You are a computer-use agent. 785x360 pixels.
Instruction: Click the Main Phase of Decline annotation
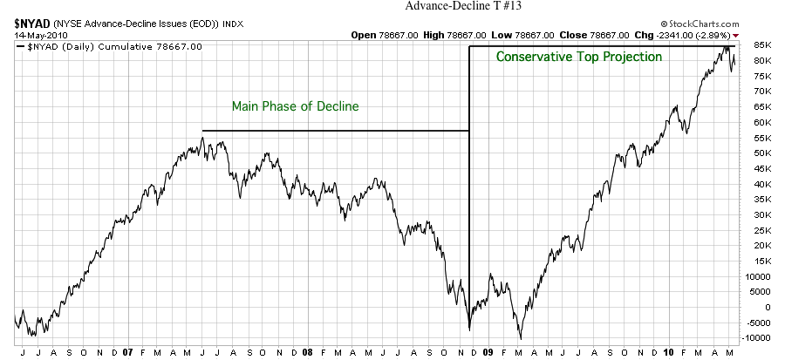(295, 106)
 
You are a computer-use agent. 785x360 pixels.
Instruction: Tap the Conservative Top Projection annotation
(579, 57)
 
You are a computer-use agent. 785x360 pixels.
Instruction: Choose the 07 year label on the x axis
(128, 353)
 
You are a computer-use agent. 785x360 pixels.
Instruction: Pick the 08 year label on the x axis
(307, 353)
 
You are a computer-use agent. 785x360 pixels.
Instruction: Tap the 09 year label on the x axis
(488, 353)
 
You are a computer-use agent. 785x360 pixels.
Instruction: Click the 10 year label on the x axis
(667, 353)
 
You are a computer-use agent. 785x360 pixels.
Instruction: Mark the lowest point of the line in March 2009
(521, 339)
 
